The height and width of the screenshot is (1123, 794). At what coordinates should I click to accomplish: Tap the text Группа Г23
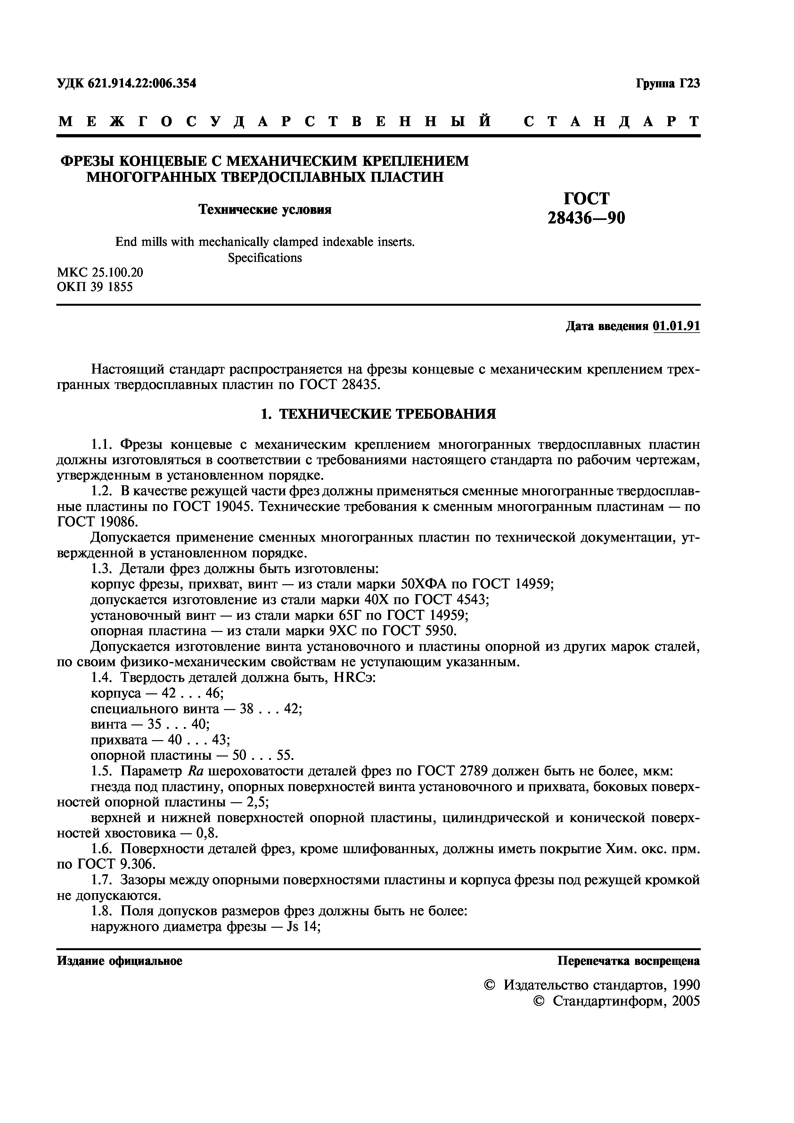[x=668, y=84]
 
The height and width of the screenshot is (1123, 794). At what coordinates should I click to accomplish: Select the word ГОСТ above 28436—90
[x=586, y=198]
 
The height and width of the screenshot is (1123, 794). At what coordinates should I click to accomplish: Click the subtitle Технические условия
[x=265, y=210]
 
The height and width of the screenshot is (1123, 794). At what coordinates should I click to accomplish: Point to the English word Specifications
[x=265, y=258]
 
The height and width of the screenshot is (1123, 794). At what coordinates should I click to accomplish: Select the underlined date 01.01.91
[x=676, y=326]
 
